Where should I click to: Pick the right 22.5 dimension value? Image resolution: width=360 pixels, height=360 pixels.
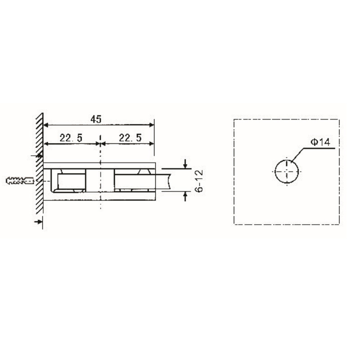click(x=130, y=138)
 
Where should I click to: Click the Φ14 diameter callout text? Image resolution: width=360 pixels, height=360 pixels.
click(x=320, y=142)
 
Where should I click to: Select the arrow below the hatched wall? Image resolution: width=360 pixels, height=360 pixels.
click(x=38, y=221)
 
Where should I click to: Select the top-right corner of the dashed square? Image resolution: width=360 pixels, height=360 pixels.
click(x=338, y=119)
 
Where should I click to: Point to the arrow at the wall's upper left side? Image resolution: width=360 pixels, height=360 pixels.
click(x=37, y=156)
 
